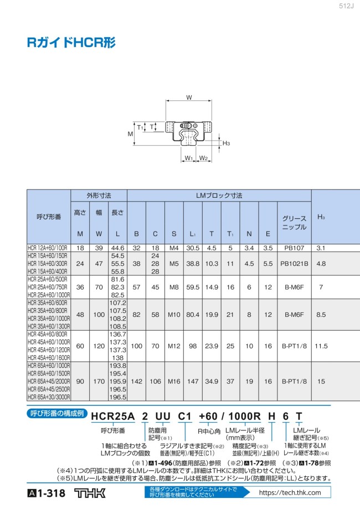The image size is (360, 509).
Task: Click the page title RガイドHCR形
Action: tap(71, 43)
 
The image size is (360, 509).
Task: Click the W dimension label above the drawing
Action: tap(189, 97)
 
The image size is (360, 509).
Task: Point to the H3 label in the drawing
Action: tap(227, 143)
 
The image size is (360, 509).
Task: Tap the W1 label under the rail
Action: tap(189, 158)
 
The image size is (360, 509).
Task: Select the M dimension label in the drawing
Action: tap(130, 133)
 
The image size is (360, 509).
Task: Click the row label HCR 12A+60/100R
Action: tap(48, 248)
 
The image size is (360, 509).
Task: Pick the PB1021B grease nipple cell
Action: tap(294, 264)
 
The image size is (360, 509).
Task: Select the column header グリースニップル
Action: tap(294, 223)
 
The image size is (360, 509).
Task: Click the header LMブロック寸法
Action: tap(219, 196)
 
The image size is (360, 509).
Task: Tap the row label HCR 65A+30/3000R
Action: tap(49, 397)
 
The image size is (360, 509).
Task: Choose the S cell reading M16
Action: tap(174, 382)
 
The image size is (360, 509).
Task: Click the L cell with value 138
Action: tap(117, 358)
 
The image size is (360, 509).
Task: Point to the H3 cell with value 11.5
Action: tap(321, 346)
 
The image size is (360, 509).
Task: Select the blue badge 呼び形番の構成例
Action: tap(57, 413)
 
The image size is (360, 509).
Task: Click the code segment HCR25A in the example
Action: tap(112, 416)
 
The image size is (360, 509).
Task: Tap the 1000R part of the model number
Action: tap(244, 416)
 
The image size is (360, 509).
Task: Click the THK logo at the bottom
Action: tap(90, 493)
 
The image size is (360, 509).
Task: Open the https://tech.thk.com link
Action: tap(290, 493)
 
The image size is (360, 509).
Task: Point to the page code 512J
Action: tap(346, 6)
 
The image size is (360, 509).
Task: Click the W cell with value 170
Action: tap(99, 382)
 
